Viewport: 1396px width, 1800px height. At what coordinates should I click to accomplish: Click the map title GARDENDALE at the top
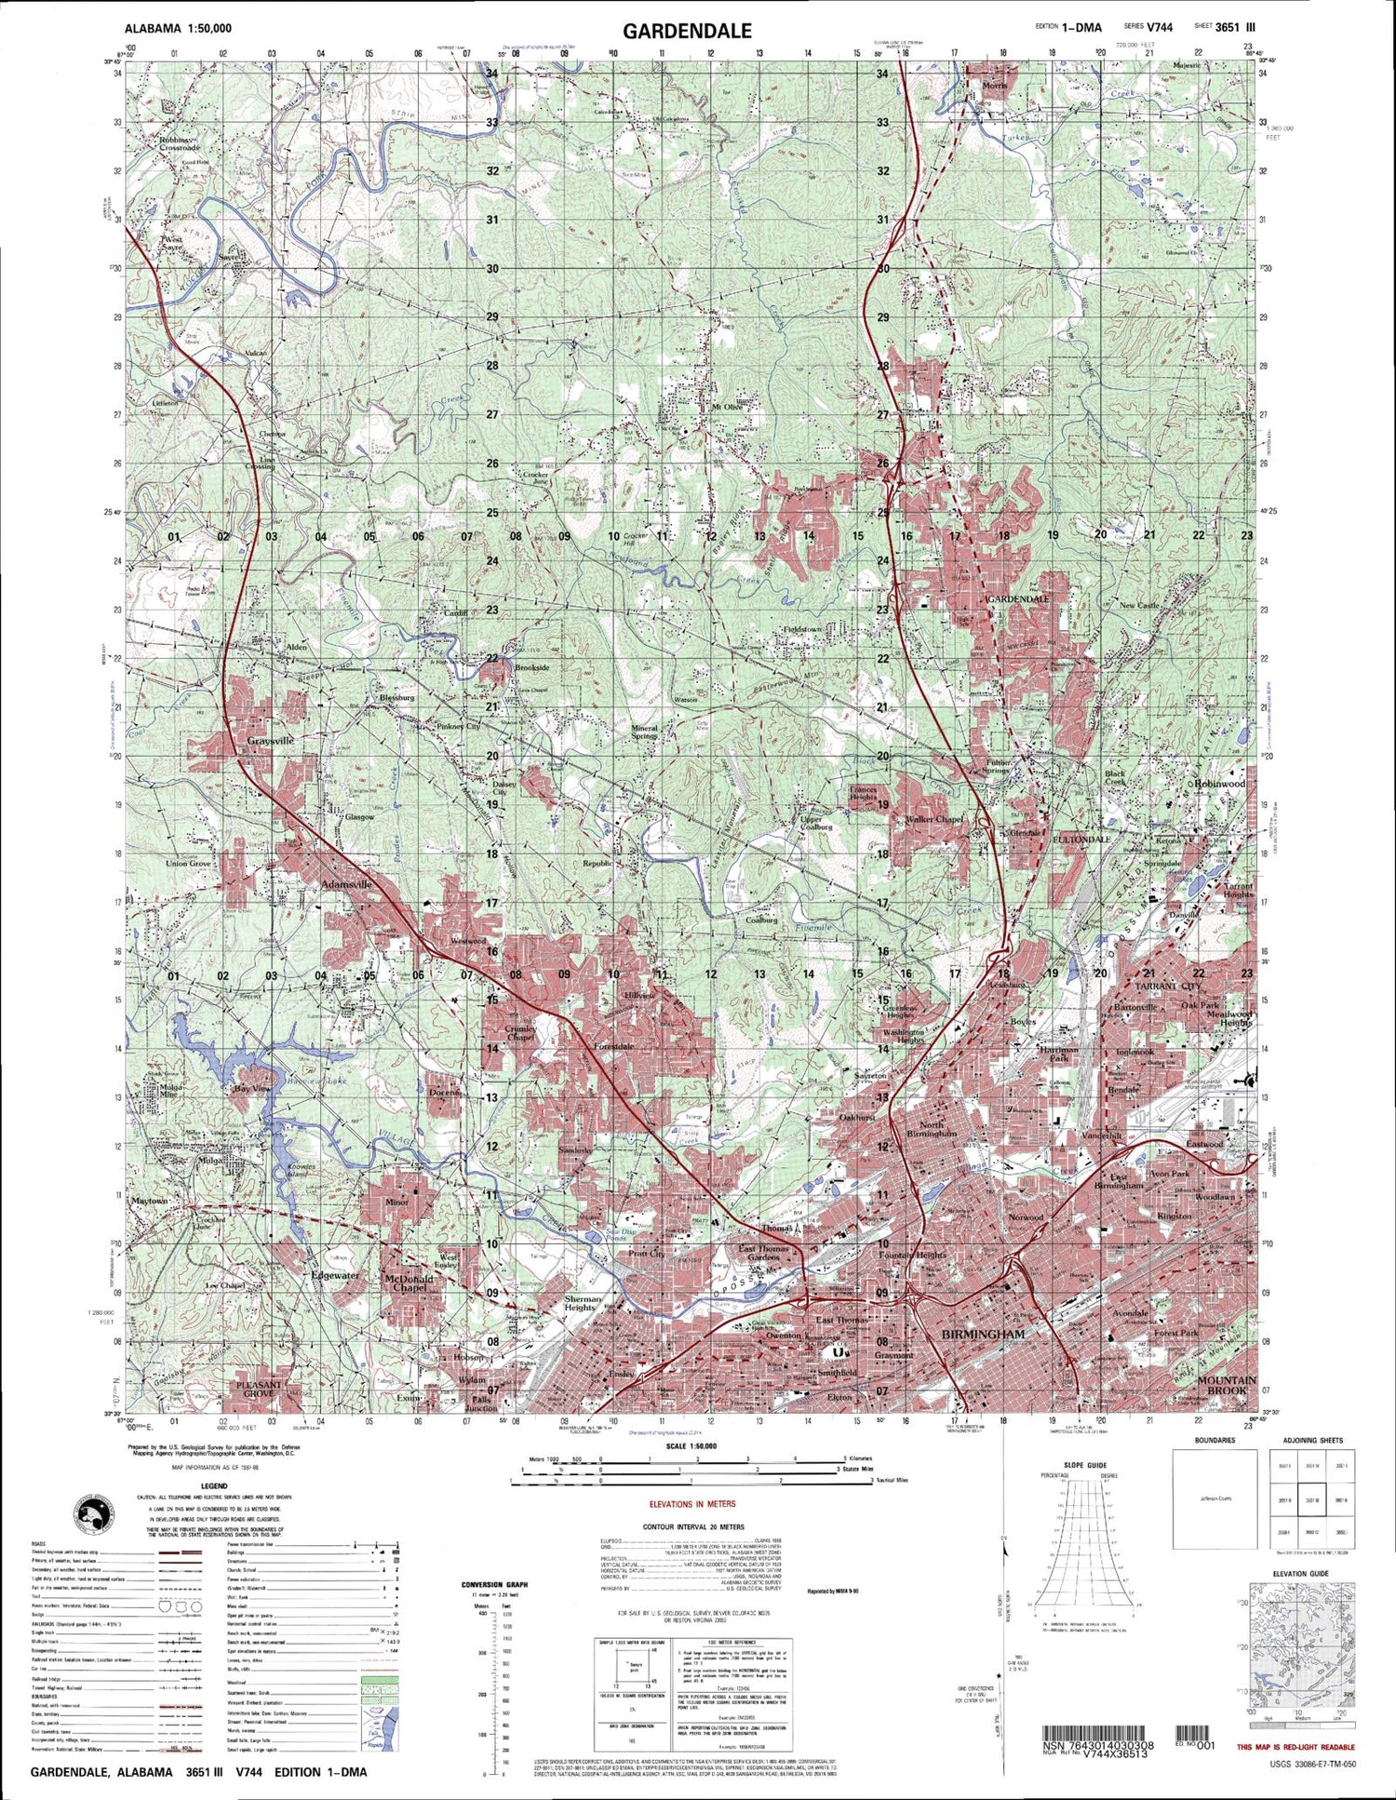(x=687, y=30)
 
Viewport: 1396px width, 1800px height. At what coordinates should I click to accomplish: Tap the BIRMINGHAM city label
(x=983, y=1334)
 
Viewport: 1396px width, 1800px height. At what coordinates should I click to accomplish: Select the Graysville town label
(x=270, y=741)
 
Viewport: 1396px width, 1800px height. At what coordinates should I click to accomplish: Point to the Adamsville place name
(x=346, y=884)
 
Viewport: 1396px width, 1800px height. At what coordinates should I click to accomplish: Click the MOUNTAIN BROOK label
(x=1227, y=1385)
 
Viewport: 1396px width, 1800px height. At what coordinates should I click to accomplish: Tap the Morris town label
(x=994, y=86)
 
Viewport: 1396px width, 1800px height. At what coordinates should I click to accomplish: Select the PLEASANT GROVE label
(x=259, y=1390)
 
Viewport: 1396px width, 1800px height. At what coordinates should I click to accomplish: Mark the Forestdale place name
(x=613, y=1046)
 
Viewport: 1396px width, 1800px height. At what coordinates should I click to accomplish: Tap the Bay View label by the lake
(x=251, y=1088)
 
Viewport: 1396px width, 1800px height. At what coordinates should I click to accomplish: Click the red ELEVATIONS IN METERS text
(x=691, y=1504)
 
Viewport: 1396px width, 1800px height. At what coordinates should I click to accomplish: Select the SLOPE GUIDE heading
(x=1085, y=1465)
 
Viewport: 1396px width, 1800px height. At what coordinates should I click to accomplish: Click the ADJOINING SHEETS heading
(x=1311, y=1441)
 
